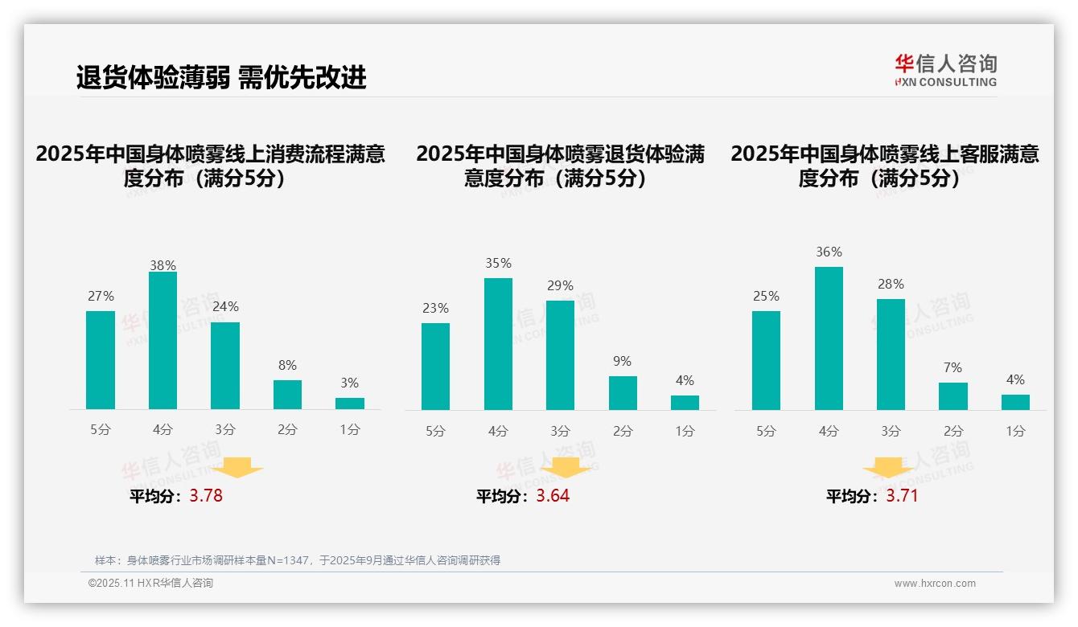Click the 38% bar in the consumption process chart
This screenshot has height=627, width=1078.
tap(163, 341)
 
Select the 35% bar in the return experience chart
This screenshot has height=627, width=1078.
tap(498, 344)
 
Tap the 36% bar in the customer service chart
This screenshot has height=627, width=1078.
tap(829, 338)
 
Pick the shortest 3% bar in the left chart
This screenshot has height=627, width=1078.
tap(350, 404)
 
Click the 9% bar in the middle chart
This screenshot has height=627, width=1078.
tap(623, 393)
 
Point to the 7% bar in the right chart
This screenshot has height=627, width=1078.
tap(953, 396)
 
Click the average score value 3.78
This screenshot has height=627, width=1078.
tap(206, 496)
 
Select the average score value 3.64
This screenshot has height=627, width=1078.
tap(553, 496)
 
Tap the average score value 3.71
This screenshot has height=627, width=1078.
tap(902, 496)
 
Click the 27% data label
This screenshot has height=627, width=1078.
tap(101, 297)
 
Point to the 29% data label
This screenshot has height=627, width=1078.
tap(560, 286)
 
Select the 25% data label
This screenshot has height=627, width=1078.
tap(766, 297)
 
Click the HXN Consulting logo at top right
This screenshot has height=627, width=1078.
tap(945, 71)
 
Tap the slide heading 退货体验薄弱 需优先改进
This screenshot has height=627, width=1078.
tap(221, 77)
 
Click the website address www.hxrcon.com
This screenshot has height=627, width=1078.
tap(934, 584)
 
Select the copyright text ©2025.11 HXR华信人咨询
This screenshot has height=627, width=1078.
tap(150, 584)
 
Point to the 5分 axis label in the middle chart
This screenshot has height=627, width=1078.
tap(435, 431)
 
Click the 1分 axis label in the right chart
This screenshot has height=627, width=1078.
tap(1015, 431)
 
